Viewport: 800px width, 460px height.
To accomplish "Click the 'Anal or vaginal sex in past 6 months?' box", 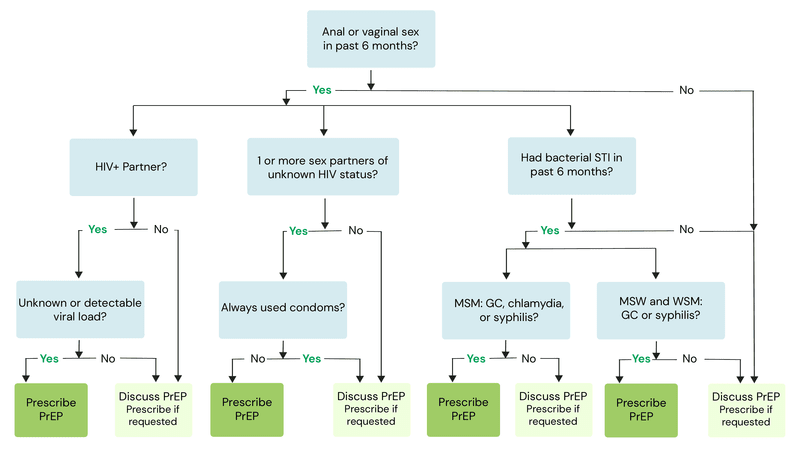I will [x=371, y=38].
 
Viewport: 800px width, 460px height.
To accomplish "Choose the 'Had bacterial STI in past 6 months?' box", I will [x=572, y=165].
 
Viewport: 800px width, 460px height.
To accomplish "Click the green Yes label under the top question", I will [x=322, y=90].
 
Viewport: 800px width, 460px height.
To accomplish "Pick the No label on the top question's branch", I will [x=686, y=90].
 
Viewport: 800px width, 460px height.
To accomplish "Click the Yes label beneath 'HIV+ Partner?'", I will [x=97, y=229].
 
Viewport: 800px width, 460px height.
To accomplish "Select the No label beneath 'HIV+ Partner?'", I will [x=160, y=229].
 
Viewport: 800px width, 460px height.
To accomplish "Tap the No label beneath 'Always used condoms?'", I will [x=258, y=358].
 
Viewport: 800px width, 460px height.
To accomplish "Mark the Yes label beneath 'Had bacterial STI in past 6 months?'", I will [x=550, y=229].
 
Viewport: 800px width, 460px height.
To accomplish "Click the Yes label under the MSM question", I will [x=476, y=358].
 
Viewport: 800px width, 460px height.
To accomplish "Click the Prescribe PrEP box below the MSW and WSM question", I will [x=642, y=409].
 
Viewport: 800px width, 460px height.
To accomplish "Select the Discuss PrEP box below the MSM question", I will [x=553, y=409].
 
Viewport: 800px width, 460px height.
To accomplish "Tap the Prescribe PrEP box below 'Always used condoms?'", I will [x=246, y=409].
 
